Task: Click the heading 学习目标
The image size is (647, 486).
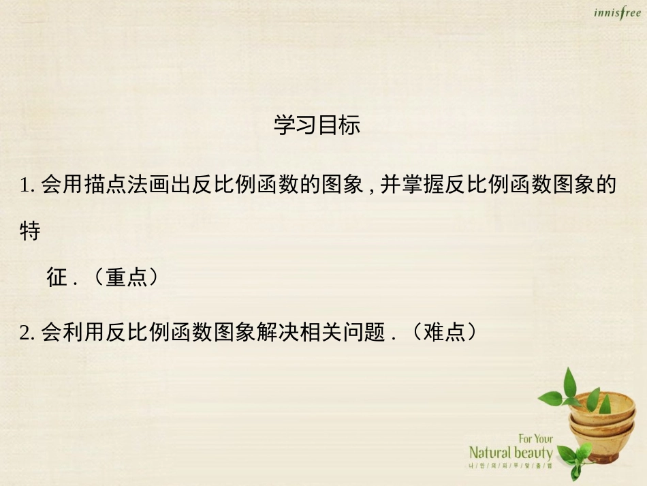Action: tap(317, 125)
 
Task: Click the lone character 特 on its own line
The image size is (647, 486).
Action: tap(31, 231)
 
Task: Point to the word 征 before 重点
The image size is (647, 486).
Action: tap(57, 277)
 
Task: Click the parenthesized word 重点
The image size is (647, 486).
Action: tap(127, 277)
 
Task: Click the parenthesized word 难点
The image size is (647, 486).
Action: tap(444, 333)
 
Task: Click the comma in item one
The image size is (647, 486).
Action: tap(371, 188)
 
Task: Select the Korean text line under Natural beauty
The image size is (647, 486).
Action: tap(511, 467)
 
